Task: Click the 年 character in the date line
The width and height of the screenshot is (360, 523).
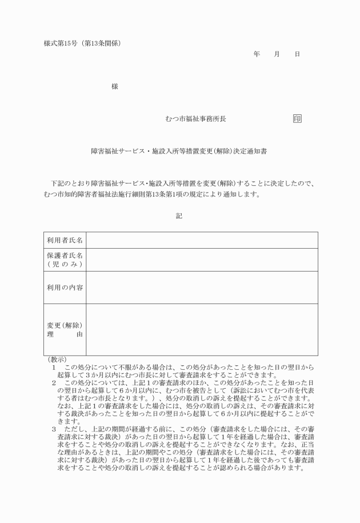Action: click(257, 54)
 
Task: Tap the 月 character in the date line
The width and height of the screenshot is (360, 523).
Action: click(277, 54)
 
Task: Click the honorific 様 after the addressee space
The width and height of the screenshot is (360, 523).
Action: click(115, 86)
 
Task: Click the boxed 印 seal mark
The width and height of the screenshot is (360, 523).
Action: click(297, 119)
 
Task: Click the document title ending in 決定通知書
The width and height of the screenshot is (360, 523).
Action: click(179, 153)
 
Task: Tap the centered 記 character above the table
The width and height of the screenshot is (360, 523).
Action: click(179, 215)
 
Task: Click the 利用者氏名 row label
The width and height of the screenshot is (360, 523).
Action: click(65, 240)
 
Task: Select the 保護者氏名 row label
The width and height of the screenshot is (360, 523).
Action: click(65, 259)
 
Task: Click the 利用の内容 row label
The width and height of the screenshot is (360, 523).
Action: click(65, 287)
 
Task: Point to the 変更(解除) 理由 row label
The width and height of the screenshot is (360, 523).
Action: click(65, 330)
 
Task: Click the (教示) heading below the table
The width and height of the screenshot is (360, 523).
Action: click(57, 360)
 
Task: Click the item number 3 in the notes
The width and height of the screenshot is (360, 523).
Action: click(54, 429)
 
